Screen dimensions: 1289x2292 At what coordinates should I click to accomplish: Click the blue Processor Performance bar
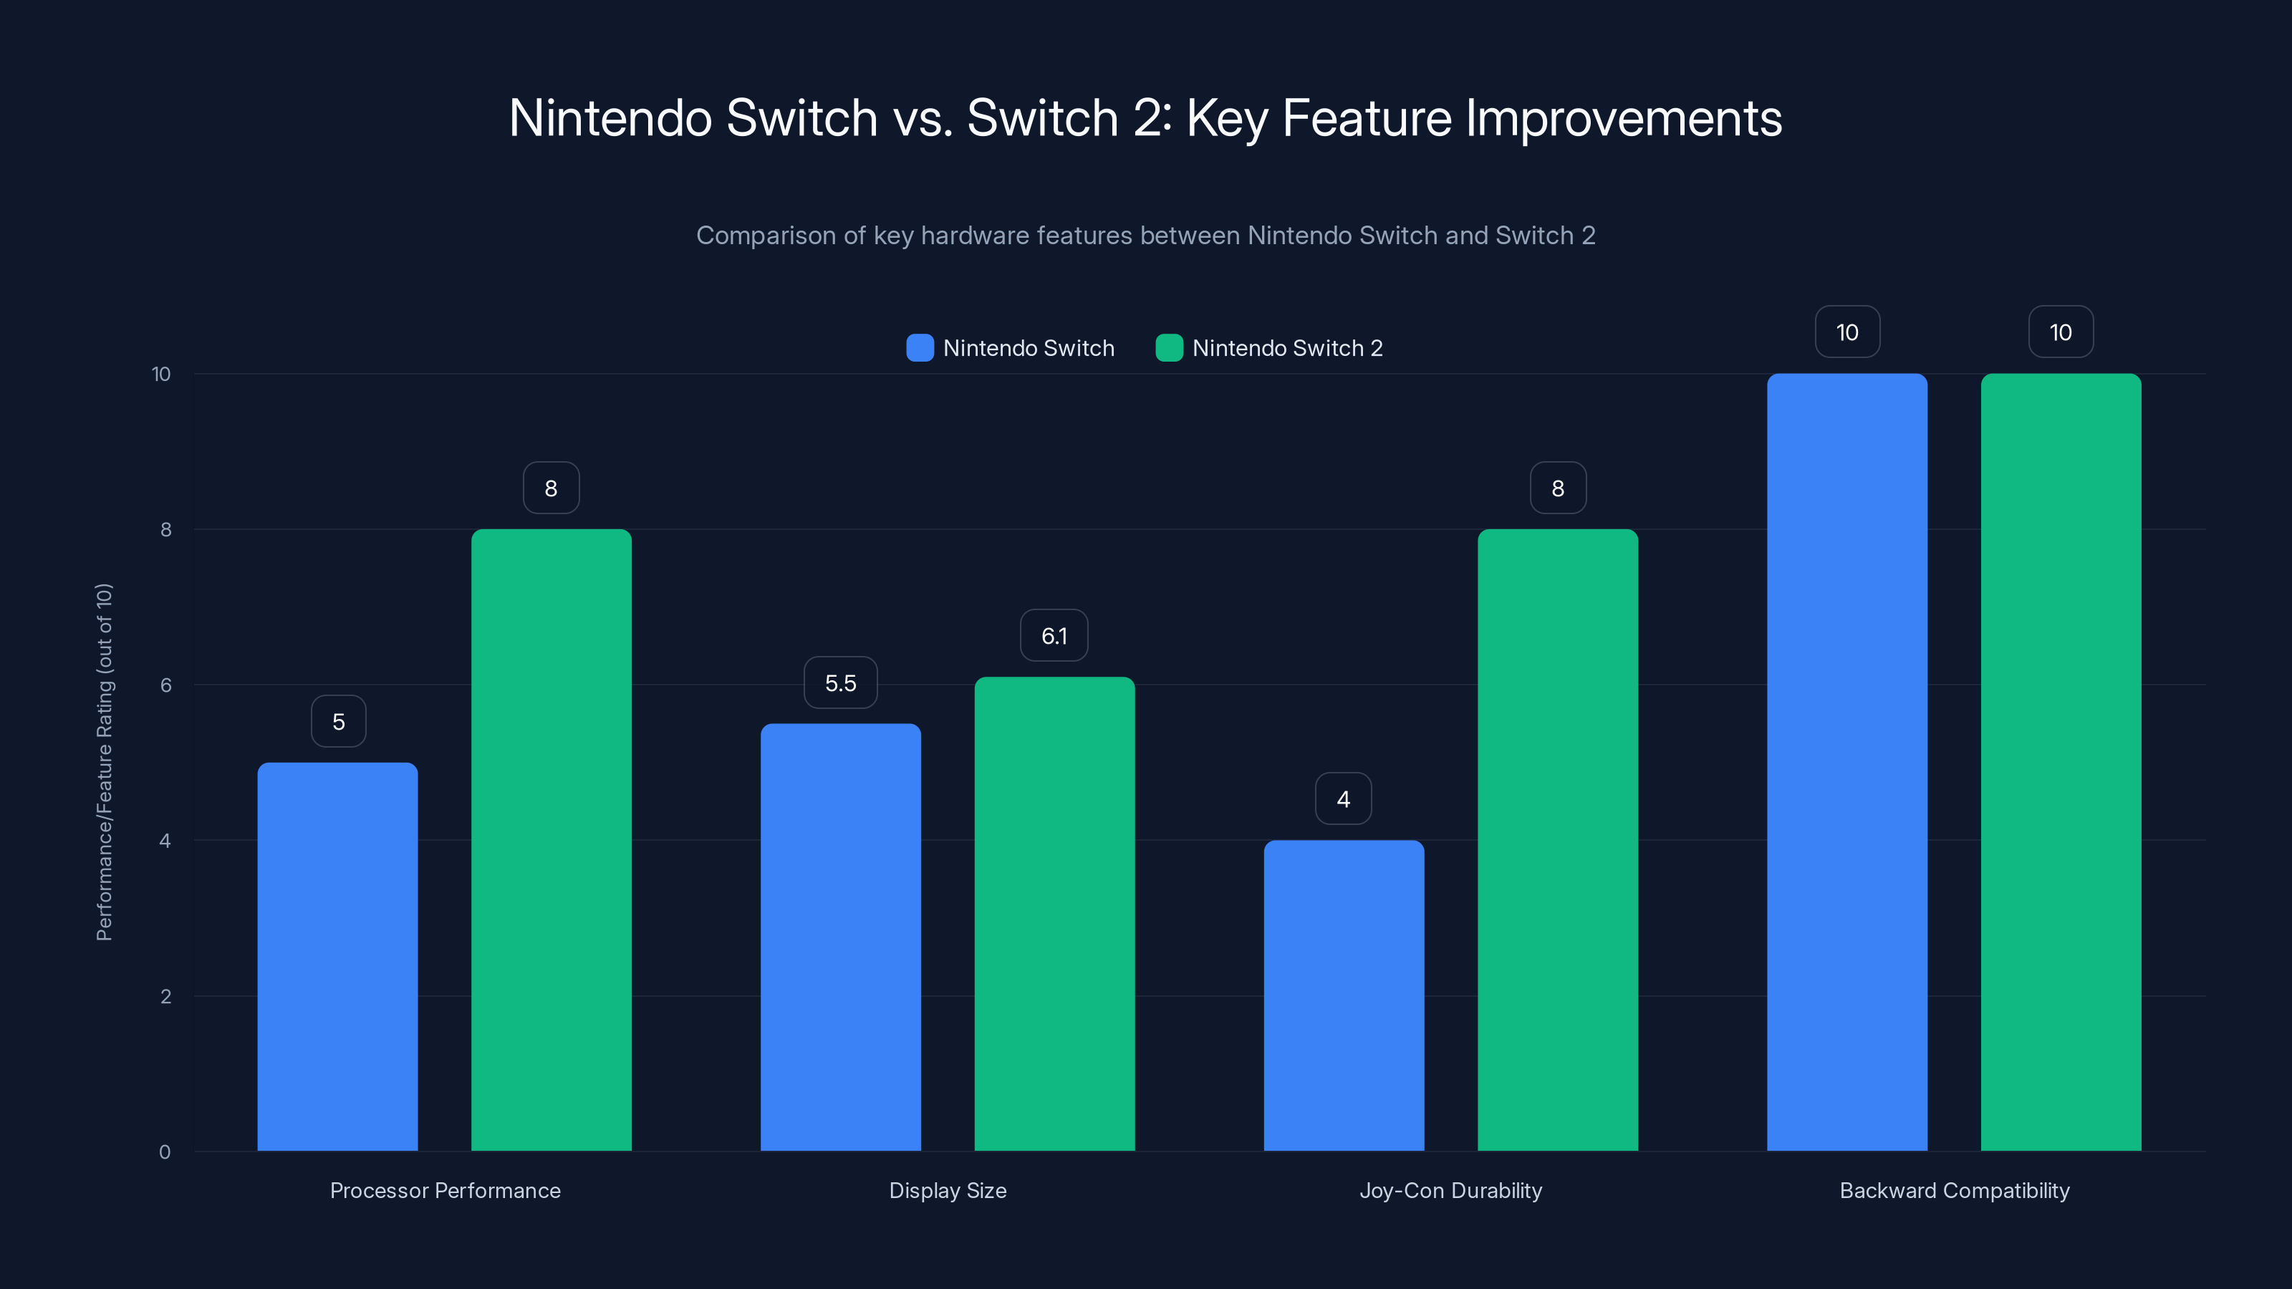(x=337, y=956)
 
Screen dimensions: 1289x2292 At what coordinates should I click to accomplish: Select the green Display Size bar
(x=1054, y=914)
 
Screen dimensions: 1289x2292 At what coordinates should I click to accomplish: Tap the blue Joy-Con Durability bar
(x=1344, y=995)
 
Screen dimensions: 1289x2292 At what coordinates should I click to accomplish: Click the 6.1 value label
(x=1054, y=636)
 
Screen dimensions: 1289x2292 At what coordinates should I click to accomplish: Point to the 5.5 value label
(x=840, y=683)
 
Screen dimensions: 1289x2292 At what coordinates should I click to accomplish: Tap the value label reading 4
(x=1343, y=799)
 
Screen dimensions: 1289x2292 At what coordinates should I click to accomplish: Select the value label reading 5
(x=338, y=721)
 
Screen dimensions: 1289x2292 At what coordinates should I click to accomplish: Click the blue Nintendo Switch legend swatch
(x=919, y=348)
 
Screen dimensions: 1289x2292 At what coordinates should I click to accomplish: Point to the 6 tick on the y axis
(x=165, y=685)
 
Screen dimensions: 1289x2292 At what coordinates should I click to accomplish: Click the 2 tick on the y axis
(x=165, y=996)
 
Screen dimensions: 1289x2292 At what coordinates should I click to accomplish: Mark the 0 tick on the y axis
(x=165, y=1152)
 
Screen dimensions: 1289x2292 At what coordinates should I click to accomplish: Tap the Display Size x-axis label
(x=948, y=1190)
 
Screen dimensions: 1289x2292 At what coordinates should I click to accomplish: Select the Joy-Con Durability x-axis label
(x=1450, y=1190)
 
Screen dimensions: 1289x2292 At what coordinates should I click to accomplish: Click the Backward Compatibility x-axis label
(x=1954, y=1190)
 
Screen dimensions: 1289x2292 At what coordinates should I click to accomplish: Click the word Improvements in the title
(x=1623, y=118)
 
